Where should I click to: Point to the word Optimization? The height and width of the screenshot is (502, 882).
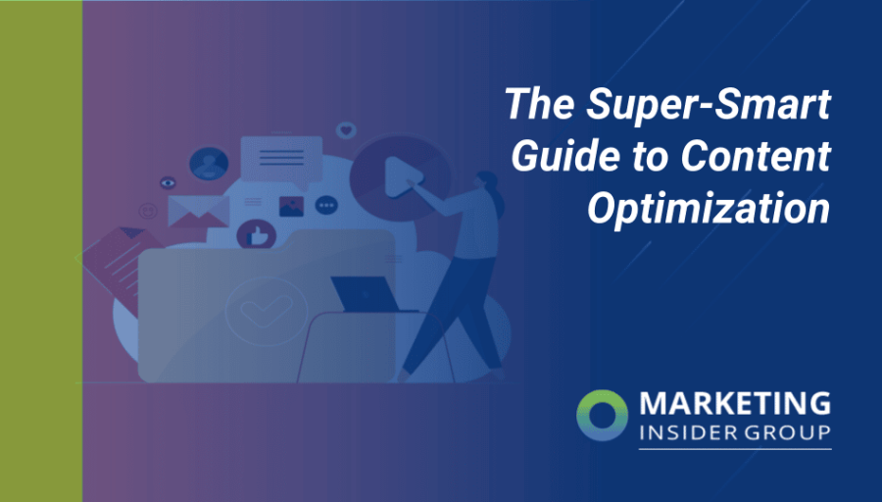[708, 209]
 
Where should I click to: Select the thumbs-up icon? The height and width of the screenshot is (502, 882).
[257, 235]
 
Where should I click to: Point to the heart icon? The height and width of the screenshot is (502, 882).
[345, 129]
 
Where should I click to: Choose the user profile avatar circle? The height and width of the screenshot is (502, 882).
[209, 164]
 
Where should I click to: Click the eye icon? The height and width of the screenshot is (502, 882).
[168, 182]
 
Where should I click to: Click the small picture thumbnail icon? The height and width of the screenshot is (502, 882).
[291, 206]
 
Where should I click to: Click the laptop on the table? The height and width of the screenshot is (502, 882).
[363, 294]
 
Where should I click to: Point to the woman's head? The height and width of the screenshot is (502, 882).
[487, 184]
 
